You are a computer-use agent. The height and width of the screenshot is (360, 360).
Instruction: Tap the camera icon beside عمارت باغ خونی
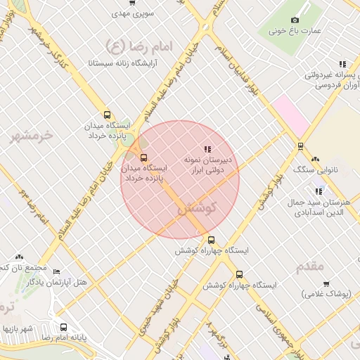tap(294, 20)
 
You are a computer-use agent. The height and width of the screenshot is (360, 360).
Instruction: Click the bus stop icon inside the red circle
tap(144, 157)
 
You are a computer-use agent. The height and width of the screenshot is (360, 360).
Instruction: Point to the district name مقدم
tap(310, 266)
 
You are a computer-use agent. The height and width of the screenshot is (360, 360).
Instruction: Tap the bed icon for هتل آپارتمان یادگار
tap(57, 271)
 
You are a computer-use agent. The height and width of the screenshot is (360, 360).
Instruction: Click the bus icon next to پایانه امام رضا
tap(64, 327)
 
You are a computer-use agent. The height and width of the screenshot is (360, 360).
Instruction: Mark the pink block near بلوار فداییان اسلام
tap(291, 115)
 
